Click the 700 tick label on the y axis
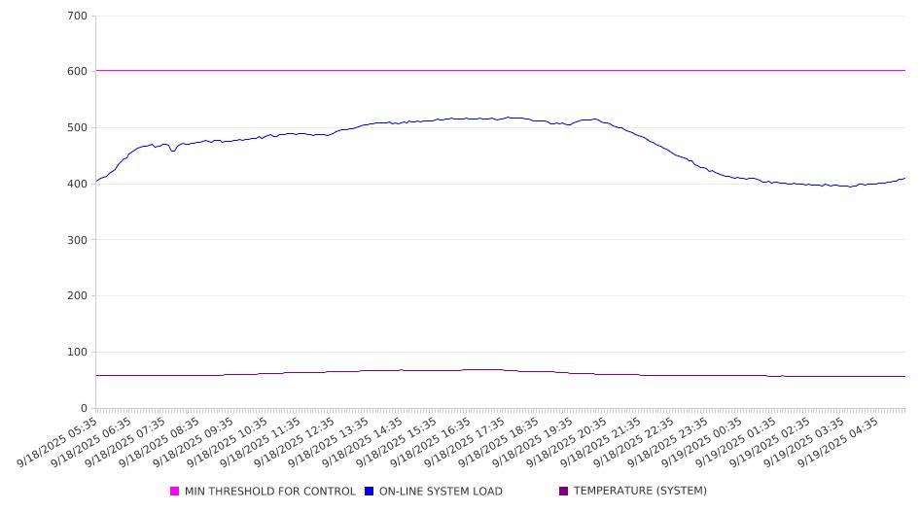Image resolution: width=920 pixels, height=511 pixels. pyautogui.click(x=78, y=17)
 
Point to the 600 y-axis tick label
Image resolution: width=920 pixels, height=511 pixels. pyautogui.click(x=78, y=72)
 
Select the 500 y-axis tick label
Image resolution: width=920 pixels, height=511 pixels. pyautogui.click(x=78, y=128)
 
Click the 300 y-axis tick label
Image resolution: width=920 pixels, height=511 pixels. pyautogui.click(x=78, y=240)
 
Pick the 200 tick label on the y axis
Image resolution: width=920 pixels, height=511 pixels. pyautogui.click(x=78, y=296)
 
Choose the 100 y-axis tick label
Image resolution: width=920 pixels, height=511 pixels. pyautogui.click(x=78, y=353)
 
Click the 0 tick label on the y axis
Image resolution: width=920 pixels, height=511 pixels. pyautogui.click(x=84, y=409)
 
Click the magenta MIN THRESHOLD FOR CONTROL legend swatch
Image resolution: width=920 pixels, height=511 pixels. pyautogui.click(x=175, y=492)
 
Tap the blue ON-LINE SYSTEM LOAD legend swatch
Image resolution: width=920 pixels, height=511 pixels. pyautogui.click(x=370, y=492)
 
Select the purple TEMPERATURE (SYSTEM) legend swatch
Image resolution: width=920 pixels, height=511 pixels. pyautogui.click(x=564, y=492)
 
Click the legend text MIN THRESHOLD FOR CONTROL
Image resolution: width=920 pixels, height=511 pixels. pyautogui.click(x=270, y=492)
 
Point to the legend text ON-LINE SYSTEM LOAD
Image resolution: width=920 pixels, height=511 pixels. pyautogui.click(x=441, y=492)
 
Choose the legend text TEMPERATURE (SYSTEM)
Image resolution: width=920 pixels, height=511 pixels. pyautogui.click(x=640, y=492)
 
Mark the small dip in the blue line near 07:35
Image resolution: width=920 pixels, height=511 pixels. pyautogui.click(x=173, y=151)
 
